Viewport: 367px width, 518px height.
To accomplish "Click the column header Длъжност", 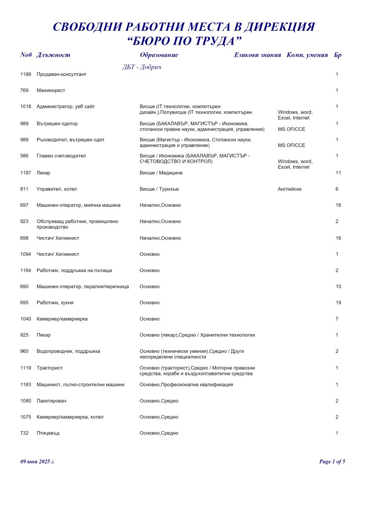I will click(53, 55).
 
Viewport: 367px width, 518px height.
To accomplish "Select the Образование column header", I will click(159, 55).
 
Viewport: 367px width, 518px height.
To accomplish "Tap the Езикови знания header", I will click(257, 55).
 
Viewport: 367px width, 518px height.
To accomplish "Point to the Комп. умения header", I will click(307, 55).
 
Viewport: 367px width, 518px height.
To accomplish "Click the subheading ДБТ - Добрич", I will click(142, 67).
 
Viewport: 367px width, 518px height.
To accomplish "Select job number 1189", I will click(26, 75).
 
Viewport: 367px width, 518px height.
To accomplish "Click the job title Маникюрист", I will click(51, 91).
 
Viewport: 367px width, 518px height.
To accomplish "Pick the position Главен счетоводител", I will click(61, 156).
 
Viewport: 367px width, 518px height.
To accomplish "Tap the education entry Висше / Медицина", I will click(161, 173).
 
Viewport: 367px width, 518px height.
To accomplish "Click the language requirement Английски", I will click(289, 189).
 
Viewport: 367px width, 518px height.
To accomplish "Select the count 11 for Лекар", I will click(338, 173).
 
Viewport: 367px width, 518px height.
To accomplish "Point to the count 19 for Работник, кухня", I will click(338, 303).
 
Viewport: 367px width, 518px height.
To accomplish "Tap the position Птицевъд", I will click(48, 433).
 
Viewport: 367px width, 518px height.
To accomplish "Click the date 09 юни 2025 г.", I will click(38, 462).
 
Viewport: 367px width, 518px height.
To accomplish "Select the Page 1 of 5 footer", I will click(332, 462).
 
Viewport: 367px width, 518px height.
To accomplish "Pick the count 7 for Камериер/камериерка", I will click(337, 319).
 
